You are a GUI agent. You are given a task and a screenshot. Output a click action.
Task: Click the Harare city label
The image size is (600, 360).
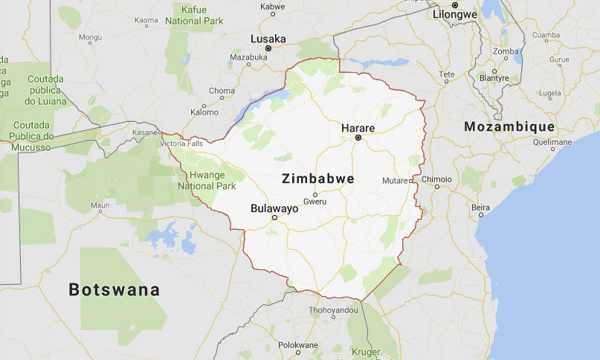[358, 128]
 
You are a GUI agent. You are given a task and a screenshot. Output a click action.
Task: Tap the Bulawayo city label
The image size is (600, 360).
[274, 208]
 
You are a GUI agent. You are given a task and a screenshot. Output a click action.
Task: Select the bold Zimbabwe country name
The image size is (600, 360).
[318, 179]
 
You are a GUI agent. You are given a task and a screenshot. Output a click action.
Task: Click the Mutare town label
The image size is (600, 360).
[395, 181]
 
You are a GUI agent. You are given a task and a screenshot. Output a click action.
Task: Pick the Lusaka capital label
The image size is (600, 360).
[268, 39]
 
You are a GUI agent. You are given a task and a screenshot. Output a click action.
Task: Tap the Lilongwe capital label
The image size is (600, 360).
[454, 13]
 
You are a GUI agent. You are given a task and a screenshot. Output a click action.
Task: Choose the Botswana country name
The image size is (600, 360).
[114, 289]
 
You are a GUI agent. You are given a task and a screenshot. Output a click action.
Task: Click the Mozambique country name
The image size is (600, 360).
[509, 126]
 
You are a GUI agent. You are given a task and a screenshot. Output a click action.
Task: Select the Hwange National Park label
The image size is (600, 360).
[211, 181]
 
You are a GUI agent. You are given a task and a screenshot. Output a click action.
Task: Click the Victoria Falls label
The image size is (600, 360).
[181, 143]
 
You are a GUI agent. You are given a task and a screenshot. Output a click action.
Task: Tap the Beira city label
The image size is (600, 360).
[480, 207]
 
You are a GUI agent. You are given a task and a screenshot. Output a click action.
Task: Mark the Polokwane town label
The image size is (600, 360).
[298, 345]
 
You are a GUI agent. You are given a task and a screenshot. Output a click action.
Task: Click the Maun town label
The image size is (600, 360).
[100, 205]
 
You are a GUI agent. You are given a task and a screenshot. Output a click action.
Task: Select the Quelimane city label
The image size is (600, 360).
[552, 141]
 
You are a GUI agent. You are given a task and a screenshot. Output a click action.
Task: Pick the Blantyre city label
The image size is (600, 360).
[494, 77]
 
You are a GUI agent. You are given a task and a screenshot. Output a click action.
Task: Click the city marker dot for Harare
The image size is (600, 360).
[358, 138]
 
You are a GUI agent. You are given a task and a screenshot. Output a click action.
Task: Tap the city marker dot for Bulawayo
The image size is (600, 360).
[274, 218]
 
